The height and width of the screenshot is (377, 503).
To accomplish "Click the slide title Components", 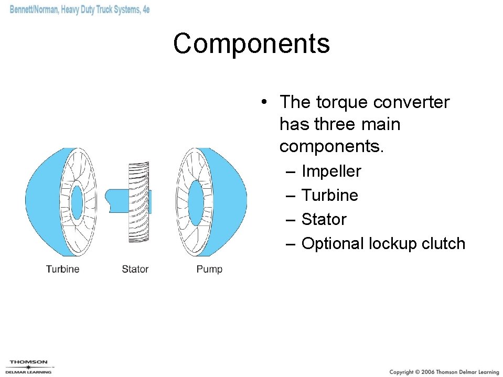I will click(x=251, y=44).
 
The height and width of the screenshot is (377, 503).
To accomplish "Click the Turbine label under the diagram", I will click(x=62, y=269).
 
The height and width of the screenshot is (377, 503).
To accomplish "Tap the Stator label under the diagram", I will click(x=135, y=269).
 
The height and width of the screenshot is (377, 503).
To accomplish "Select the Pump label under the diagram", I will click(x=209, y=269).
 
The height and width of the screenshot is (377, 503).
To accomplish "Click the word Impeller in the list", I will click(x=331, y=171).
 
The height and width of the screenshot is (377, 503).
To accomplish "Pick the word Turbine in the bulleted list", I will click(x=329, y=196).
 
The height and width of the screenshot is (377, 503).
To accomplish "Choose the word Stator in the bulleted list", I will click(x=324, y=220).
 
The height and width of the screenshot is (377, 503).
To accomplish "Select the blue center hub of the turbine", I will click(x=77, y=202).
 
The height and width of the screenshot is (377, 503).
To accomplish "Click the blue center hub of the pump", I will click(x=196, y=202).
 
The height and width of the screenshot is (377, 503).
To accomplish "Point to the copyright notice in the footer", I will click(x=444, y=372).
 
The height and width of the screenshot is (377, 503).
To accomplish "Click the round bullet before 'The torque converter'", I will click(x=267, y=103).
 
